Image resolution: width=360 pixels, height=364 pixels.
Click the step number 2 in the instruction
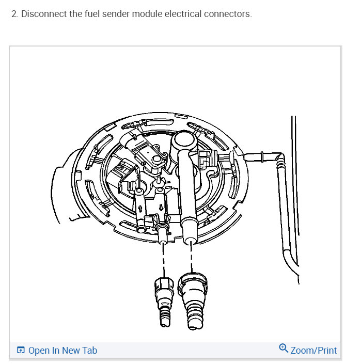click(x=13, y=14)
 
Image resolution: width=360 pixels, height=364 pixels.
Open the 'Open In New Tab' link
click(x=62, y=351)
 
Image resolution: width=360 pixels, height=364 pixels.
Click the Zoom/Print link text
click(x=314, y=351)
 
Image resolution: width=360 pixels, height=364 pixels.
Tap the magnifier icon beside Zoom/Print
click(x=283, y=349)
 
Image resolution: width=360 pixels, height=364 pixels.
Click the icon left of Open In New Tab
click(x=21, y=351)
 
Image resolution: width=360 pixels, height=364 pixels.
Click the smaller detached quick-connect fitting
click(x=163, y=300)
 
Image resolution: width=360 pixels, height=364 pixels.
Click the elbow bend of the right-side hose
click(x=279, y=156)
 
